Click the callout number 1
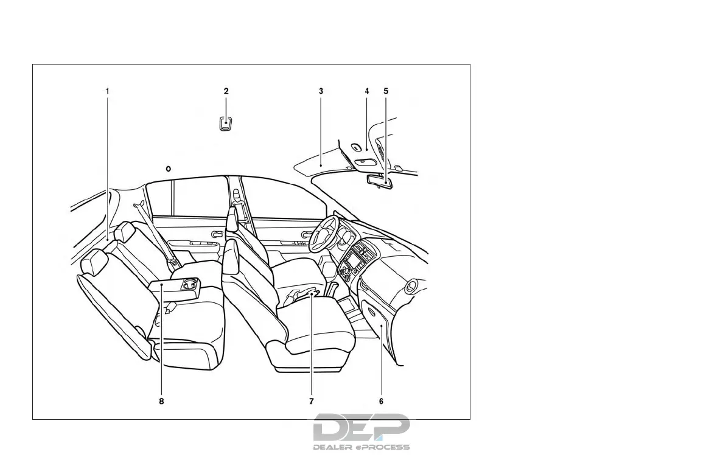[x=107, y=91]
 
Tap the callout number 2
[x=226, y=91]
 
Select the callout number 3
[x=321, y=91]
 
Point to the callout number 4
[x=367, y=91]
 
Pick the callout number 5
[x=386, y=91]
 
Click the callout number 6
[x=381, y=402]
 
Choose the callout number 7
[x=311, y=402]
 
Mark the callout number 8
[x=161, y=402]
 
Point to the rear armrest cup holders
[x=189, y=283]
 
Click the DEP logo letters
[x=361, y=428]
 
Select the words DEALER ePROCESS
[x=361, y=447]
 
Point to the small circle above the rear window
[x=168, y=168]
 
